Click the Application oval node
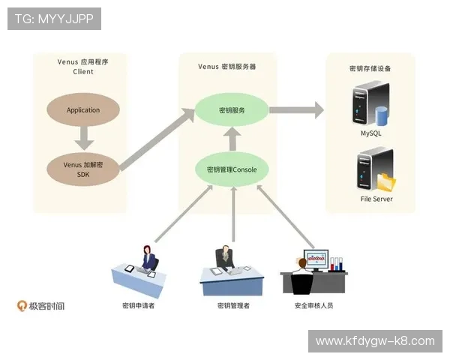click(x=82, y=110)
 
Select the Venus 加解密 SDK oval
click(x=82, y=169)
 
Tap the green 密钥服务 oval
click(x=232, y=110)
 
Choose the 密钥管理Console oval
click(x=232, y=169)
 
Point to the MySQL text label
click(x=370, y=133)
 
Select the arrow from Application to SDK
click(x=83, y=138)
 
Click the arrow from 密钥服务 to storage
click(x=296, y=110)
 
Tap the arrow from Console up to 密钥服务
click(x=232, y=139)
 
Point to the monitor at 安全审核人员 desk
click(x=315, y=260)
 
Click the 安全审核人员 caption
click(x=313, y=306)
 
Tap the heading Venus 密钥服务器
click(x=227, y=66)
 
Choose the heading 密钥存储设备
click(x=370, y=68)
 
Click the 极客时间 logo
click(x=41, y=306)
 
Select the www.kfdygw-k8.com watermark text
click(x=375, y=341)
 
